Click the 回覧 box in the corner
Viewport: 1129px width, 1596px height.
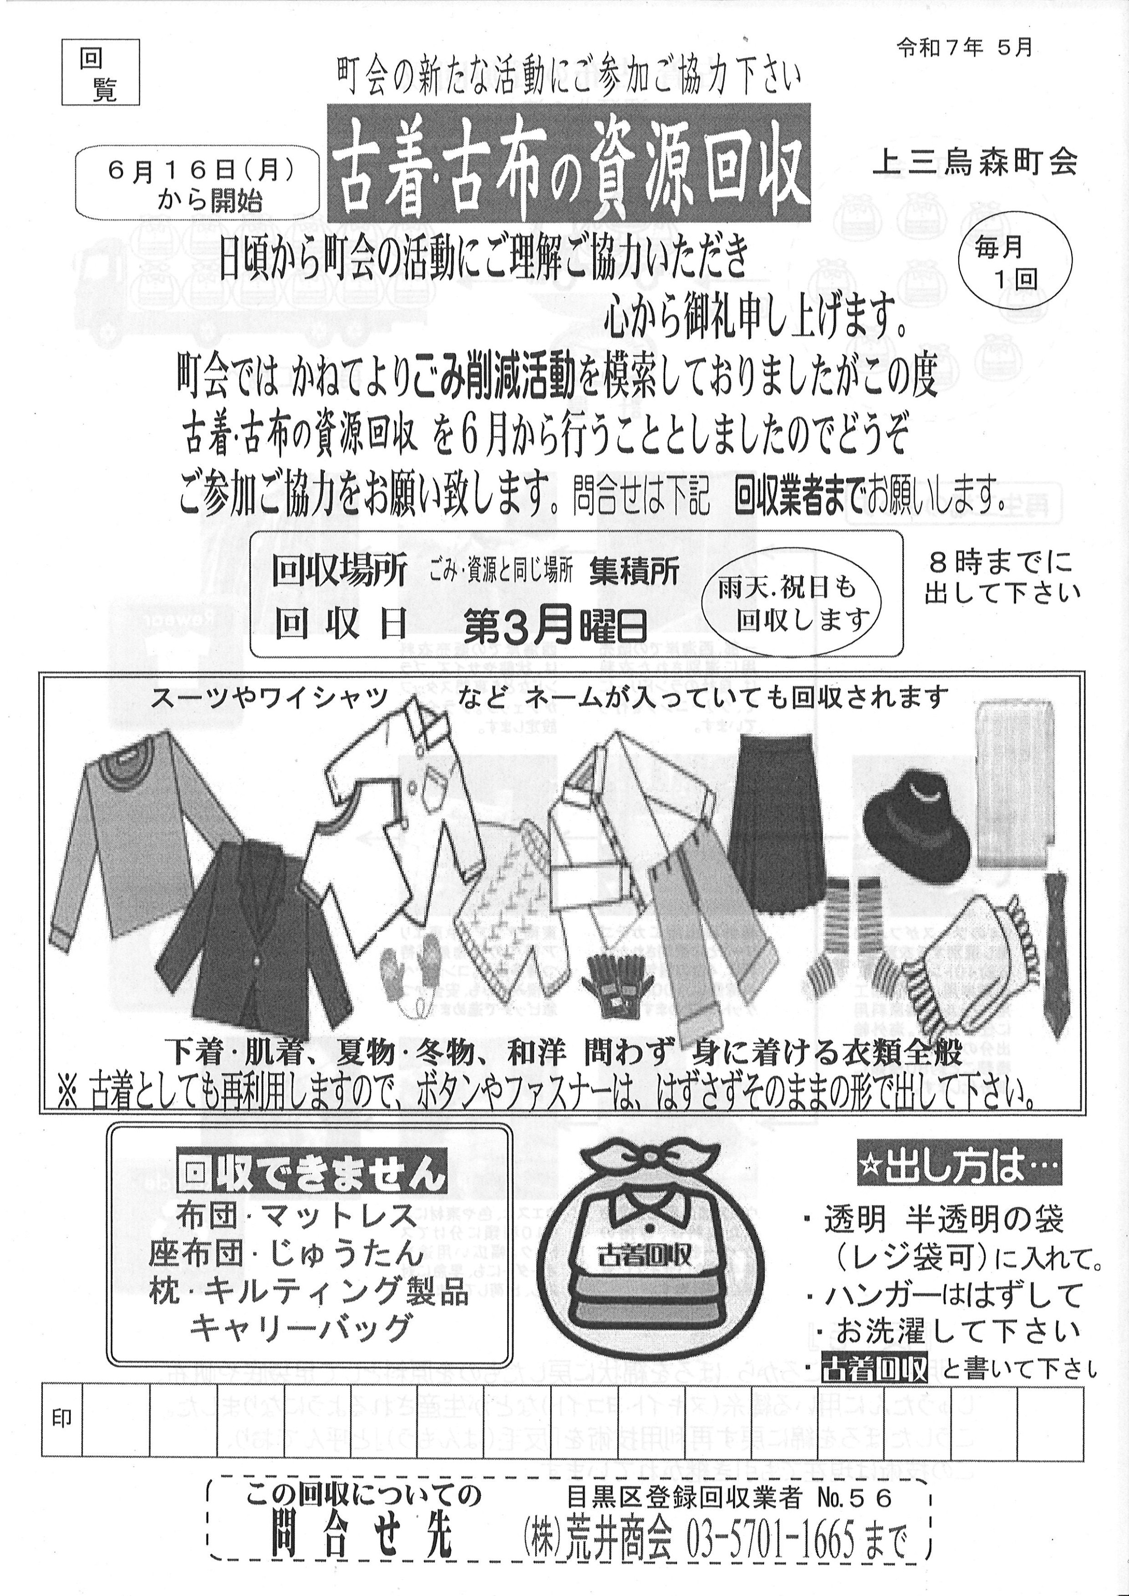(100, 71)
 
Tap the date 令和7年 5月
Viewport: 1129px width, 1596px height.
(964, 47)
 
